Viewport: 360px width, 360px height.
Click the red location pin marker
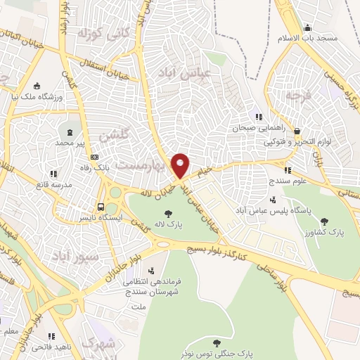tap(181, 165)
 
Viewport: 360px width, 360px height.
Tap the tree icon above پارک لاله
tap(168, 213)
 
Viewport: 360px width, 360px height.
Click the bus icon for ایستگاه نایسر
tap(102, 207)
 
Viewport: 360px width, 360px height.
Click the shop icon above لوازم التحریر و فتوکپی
tap(297, 131)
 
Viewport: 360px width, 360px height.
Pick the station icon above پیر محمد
tap(69, 131)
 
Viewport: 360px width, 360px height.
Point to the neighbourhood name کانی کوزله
tap(103, 32)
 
